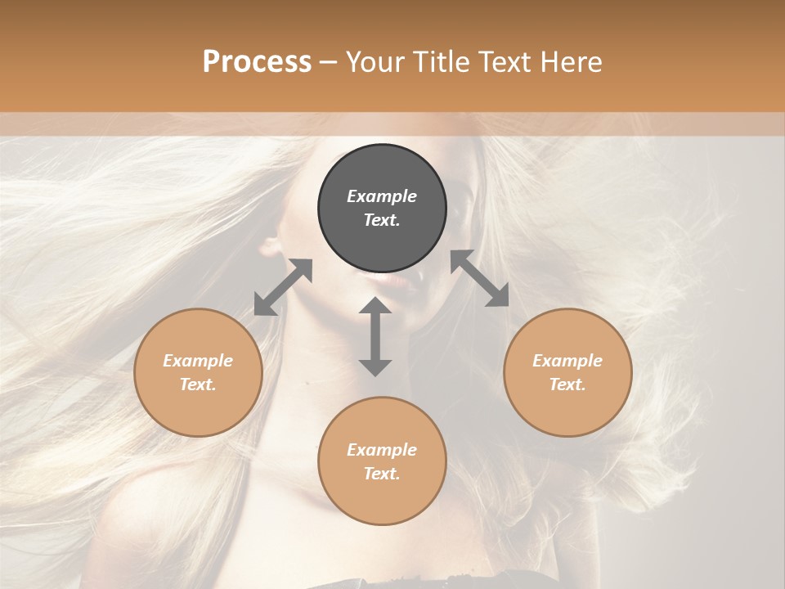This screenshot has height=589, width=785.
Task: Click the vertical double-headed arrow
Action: [375, 336]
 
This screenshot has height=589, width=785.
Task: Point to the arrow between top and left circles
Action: [283, 287]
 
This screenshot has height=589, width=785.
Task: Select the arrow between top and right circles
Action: [480, 279]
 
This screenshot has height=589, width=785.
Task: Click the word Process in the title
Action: [257, 61]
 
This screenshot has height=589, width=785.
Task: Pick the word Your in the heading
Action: [375, 61]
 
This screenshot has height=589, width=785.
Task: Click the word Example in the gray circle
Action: [382, 196]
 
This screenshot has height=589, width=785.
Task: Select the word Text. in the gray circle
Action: [382, 220]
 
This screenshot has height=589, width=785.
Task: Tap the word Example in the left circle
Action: [198, 361]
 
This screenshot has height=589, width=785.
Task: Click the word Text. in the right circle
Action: [567, 384]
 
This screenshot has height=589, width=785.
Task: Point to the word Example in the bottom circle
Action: [382, 450]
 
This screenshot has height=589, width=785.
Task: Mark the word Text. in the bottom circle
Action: [382, 474]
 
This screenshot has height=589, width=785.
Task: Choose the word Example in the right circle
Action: [567, 361]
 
